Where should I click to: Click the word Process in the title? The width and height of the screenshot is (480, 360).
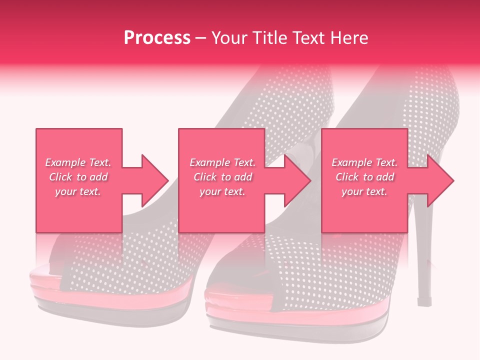(157, 38)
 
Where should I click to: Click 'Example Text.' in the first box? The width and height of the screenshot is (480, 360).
(78, 162)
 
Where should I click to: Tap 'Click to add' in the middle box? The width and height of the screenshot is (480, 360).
(222, 177)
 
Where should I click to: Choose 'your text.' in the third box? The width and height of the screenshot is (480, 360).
(364, 191)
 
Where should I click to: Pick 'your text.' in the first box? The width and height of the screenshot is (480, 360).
(78, 191)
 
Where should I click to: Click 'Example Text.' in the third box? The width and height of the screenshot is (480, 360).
(364, 162)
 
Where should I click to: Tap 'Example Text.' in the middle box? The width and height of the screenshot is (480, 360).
(222, 162)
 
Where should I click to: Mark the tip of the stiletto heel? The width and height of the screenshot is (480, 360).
(424, 302)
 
